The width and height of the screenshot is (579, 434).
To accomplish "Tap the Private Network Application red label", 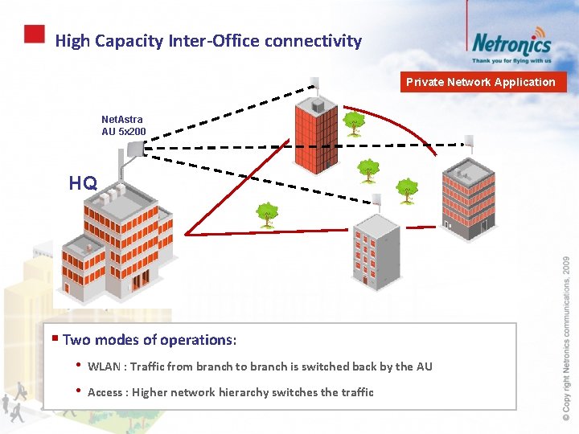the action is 480,82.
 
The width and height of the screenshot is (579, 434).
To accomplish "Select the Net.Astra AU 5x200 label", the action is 122,125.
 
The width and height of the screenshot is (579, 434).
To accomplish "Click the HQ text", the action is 83,183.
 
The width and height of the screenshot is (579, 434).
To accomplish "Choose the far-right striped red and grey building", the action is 468,197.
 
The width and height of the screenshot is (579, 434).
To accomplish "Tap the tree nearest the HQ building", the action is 267,214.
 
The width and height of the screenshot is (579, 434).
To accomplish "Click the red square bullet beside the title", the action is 34,34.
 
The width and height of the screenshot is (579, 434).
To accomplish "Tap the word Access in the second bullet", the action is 105,392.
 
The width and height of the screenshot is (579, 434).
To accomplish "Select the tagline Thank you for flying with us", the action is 511,60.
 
